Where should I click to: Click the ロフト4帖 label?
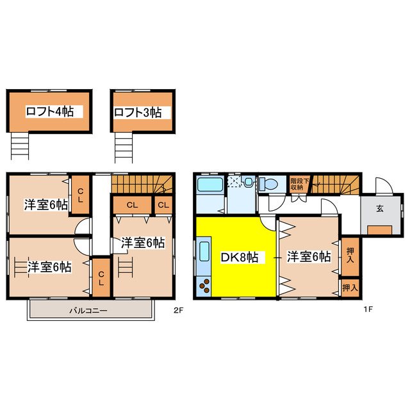tap(49, 111)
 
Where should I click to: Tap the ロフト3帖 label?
tap(137, 112)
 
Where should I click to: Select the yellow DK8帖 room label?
tap(240, 257)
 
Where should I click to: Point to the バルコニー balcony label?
tap(88, 311)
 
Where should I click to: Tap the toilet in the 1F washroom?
tap(269, 184)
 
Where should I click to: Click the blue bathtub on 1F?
tap(210, 185)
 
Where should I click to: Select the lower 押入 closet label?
tap(350, 288)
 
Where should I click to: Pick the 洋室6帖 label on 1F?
tap(309, 257)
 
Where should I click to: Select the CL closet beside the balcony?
tap(101, 277)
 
